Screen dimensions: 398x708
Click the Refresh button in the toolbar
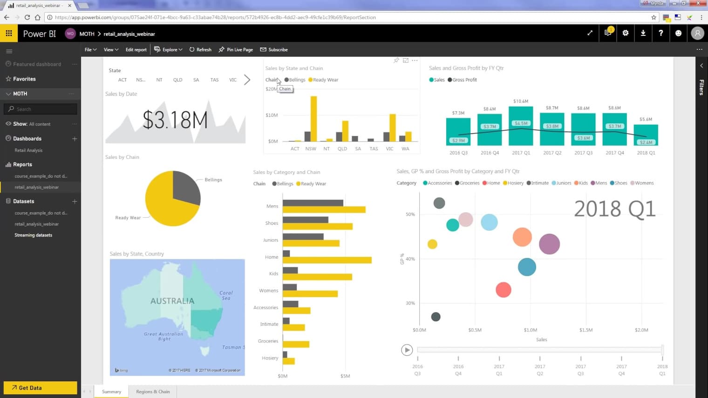tap(200, 50)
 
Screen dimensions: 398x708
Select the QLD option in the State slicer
tap(177, 80)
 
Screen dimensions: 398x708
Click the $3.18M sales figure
tap(175, 120)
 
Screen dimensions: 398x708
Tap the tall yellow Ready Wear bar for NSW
tap(313, 118)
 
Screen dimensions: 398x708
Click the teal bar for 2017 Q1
tap(521, 126)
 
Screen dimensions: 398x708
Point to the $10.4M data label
tap(521, 101)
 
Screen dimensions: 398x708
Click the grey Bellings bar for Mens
tap(313, 203)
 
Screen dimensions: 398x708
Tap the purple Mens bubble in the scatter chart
tap(549, 244)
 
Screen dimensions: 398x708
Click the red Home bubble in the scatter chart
tap(503, 290)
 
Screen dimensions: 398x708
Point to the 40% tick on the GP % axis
tap(410, 259)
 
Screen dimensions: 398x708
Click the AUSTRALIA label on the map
tap(172, 301)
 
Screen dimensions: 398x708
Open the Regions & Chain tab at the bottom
tap(153, 392)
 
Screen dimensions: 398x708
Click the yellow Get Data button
tap(40, 388)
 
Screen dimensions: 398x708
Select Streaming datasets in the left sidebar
tap(33, 235)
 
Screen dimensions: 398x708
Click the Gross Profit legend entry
tap(464, 80)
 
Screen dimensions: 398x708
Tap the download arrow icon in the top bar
tap(643, 33)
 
